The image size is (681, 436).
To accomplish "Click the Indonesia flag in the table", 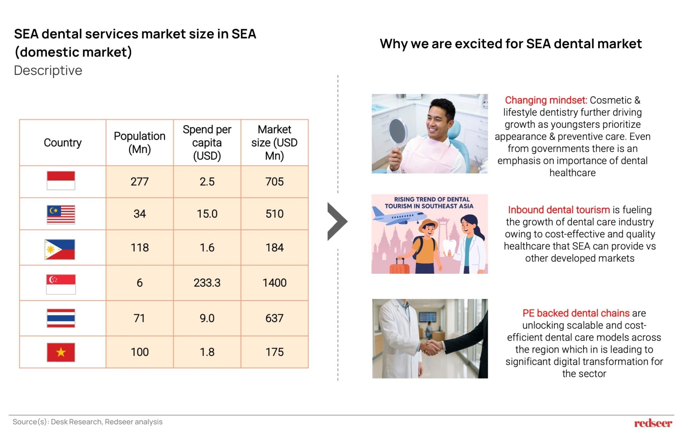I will [61, 181].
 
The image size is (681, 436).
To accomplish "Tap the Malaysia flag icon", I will [61, 215].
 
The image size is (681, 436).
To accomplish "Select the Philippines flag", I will [60, 249].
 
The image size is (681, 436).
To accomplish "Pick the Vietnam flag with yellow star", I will [61, 352].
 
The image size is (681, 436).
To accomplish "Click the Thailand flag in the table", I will [61, 318].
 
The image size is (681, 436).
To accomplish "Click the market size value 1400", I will [274, 283].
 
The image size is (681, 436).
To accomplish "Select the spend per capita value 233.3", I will [207, 283].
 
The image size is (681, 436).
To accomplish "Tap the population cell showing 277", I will [139, 182].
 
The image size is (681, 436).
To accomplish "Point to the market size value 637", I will [274, 318].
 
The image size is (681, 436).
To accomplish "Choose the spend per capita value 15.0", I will [207, 214].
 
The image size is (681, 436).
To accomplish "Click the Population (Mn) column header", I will [139, 142].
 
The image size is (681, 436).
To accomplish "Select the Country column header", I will [63, 142].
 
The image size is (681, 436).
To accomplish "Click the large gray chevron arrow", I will [337, 221].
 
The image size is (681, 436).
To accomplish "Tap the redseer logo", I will [653, 423].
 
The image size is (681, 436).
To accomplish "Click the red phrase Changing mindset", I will [546, 100].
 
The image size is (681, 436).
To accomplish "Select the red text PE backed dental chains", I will [576, 313].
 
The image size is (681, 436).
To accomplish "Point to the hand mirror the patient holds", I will [398, 131].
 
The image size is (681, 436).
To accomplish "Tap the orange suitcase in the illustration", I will [399, 266].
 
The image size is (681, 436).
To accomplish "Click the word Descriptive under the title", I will [48, 71].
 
